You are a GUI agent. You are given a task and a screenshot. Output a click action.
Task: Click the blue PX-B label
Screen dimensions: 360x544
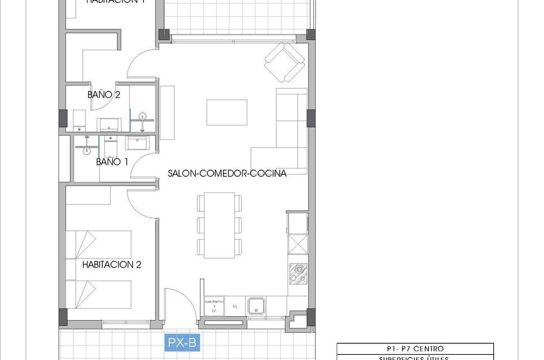[x=182, y=343]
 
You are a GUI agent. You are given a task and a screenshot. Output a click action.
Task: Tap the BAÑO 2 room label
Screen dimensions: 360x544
[x=104, y=94]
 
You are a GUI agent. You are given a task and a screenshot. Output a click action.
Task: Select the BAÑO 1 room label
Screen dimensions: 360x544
[x=112, y=162]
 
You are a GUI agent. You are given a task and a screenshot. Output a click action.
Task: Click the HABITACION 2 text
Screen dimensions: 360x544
[x=112, y=265]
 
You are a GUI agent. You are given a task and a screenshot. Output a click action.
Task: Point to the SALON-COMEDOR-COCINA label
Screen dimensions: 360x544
[x=227, y=173]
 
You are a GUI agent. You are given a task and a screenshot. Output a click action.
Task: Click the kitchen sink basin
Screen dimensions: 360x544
[x=256, y=305]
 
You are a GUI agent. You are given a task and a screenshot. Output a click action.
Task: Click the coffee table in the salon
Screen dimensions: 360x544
[x=227, y=112]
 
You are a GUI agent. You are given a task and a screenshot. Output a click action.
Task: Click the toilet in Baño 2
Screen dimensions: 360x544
[x=79, y=120]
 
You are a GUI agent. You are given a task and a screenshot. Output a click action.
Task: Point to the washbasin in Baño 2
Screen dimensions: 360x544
[x=108, y=123]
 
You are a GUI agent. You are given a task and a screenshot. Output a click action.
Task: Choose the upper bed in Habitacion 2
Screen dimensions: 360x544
[x=98, y=244]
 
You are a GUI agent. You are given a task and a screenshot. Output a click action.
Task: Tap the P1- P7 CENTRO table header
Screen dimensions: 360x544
[x=414, y=348]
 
